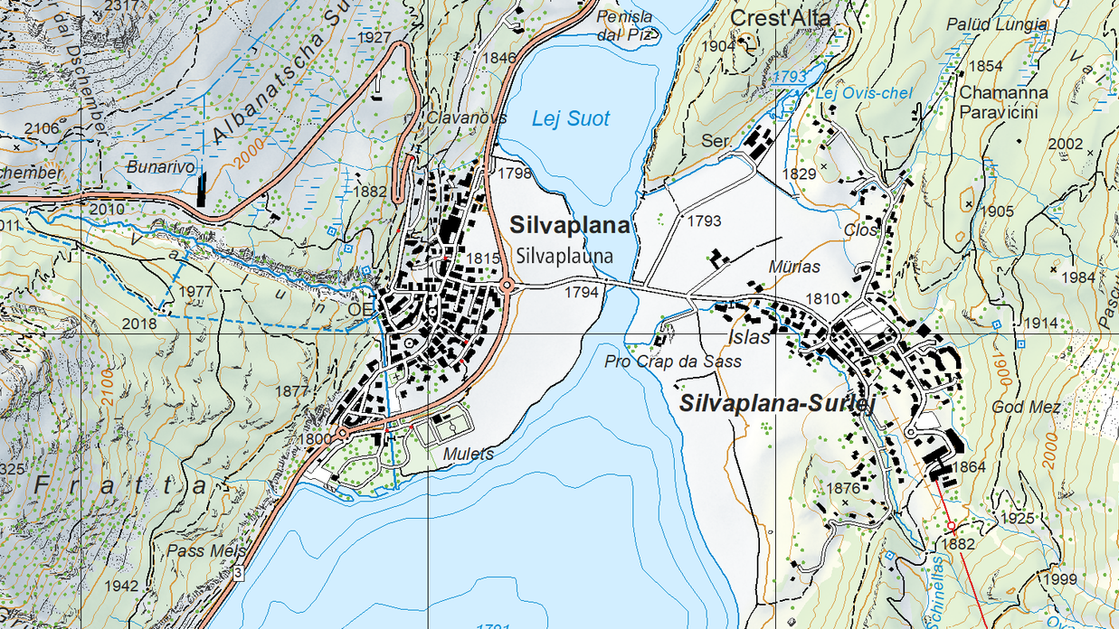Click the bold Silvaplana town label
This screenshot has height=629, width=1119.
click(x=569, y=225)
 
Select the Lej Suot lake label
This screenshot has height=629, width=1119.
click(x=570, y=118)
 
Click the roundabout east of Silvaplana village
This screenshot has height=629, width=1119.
click(x=507, y=286)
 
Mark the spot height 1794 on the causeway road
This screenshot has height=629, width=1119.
click(x=583, y=292)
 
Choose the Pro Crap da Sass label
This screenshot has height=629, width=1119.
click(x=673, y=361)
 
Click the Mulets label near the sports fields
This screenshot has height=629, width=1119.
click(x=468, y=455)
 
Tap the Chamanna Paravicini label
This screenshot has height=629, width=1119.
click(x=1003, y=102)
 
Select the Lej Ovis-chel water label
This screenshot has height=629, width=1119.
click(x=864, y=94)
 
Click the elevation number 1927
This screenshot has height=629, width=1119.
click(x=375, y=38)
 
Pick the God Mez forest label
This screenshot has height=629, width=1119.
click(x=1026, y=408)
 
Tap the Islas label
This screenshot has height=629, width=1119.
click(x=748, y=338)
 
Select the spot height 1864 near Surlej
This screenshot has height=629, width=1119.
click(x=969, y=467)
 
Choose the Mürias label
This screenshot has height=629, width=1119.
click(x=793, y=268)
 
